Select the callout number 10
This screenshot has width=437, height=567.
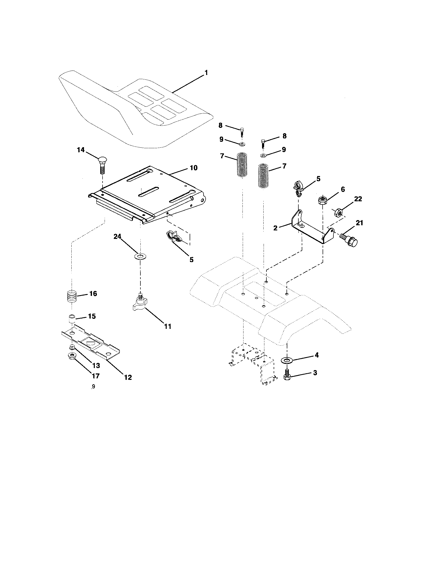pos(194,168)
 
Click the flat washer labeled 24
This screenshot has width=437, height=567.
pos(140,257)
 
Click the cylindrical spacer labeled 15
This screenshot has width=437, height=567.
pos(72,319)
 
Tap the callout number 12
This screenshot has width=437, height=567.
pos(128,377)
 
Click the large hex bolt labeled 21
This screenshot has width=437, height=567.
pos(349,239)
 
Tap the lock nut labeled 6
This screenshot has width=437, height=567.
pos(322,200)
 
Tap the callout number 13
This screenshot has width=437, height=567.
pos(96,365)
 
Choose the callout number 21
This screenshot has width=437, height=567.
pos(359,223)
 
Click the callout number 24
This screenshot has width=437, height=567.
pos(117,237)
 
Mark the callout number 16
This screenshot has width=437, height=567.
pos(93,294)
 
